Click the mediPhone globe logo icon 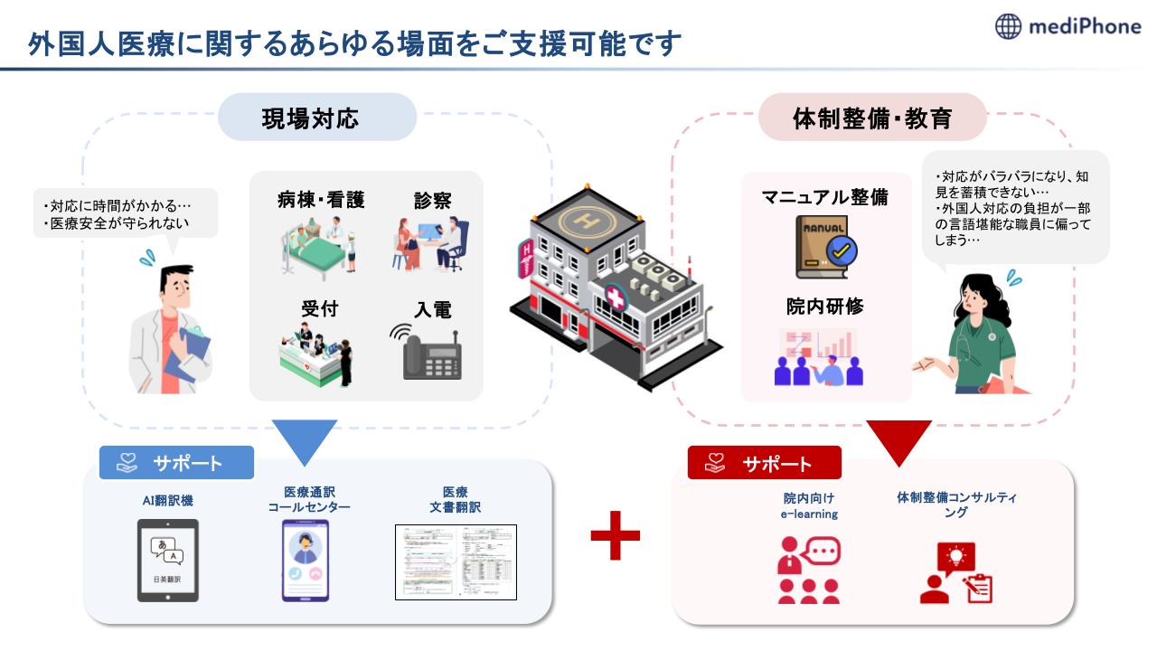(x=1009, y=27)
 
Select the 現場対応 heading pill (x=316, y=118)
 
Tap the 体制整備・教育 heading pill (x=872, y=118)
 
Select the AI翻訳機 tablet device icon (x=167, y=560)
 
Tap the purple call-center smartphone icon (x=305, y=561)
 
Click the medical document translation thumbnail (x=456, y=561)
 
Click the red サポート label (x=765, y=464)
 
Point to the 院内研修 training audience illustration (x=819, y=358)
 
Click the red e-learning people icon (x=809, y=571)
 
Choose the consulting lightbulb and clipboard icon (x=957, y=573)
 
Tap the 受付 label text (x=319, y=309)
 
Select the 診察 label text (x=432, y=201)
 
